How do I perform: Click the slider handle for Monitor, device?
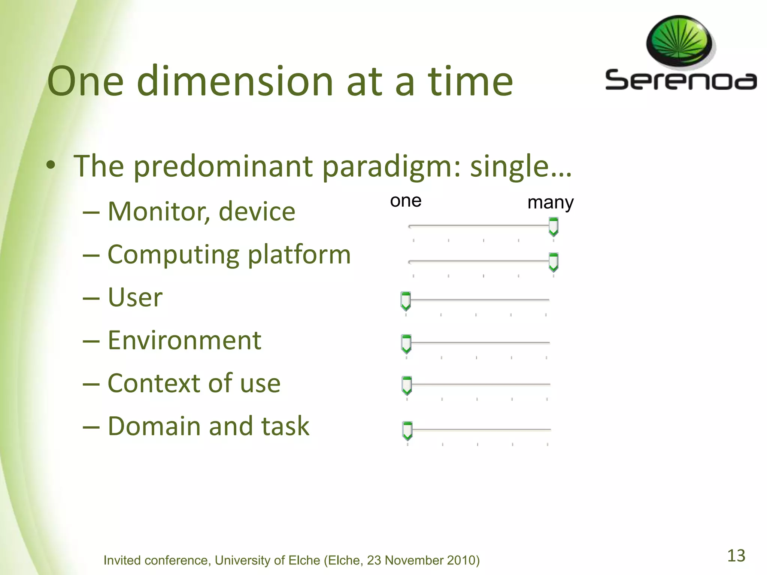pyautogui.click(x=553, y=227)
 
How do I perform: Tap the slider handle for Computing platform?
pyautogui.click(x=553, y=262)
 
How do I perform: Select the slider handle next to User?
pyautogui.click(x=406, y=301)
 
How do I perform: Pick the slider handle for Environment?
pyautogui.click(x=406, y=344)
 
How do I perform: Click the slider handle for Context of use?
pyautogui.click(x=406, y=385)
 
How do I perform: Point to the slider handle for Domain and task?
pyautogui.click(x=407, y=431)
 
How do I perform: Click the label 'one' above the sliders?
pyautogui.click(x=406, y=201)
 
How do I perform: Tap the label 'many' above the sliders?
pyautogui.click(x=550, y=203)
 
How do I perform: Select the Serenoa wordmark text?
pyautogui.click(x=680, y=80)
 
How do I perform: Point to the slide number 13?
pyautogui.click(x=736, y=556)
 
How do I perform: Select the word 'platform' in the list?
pyautogui.click(x=299, y=255)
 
